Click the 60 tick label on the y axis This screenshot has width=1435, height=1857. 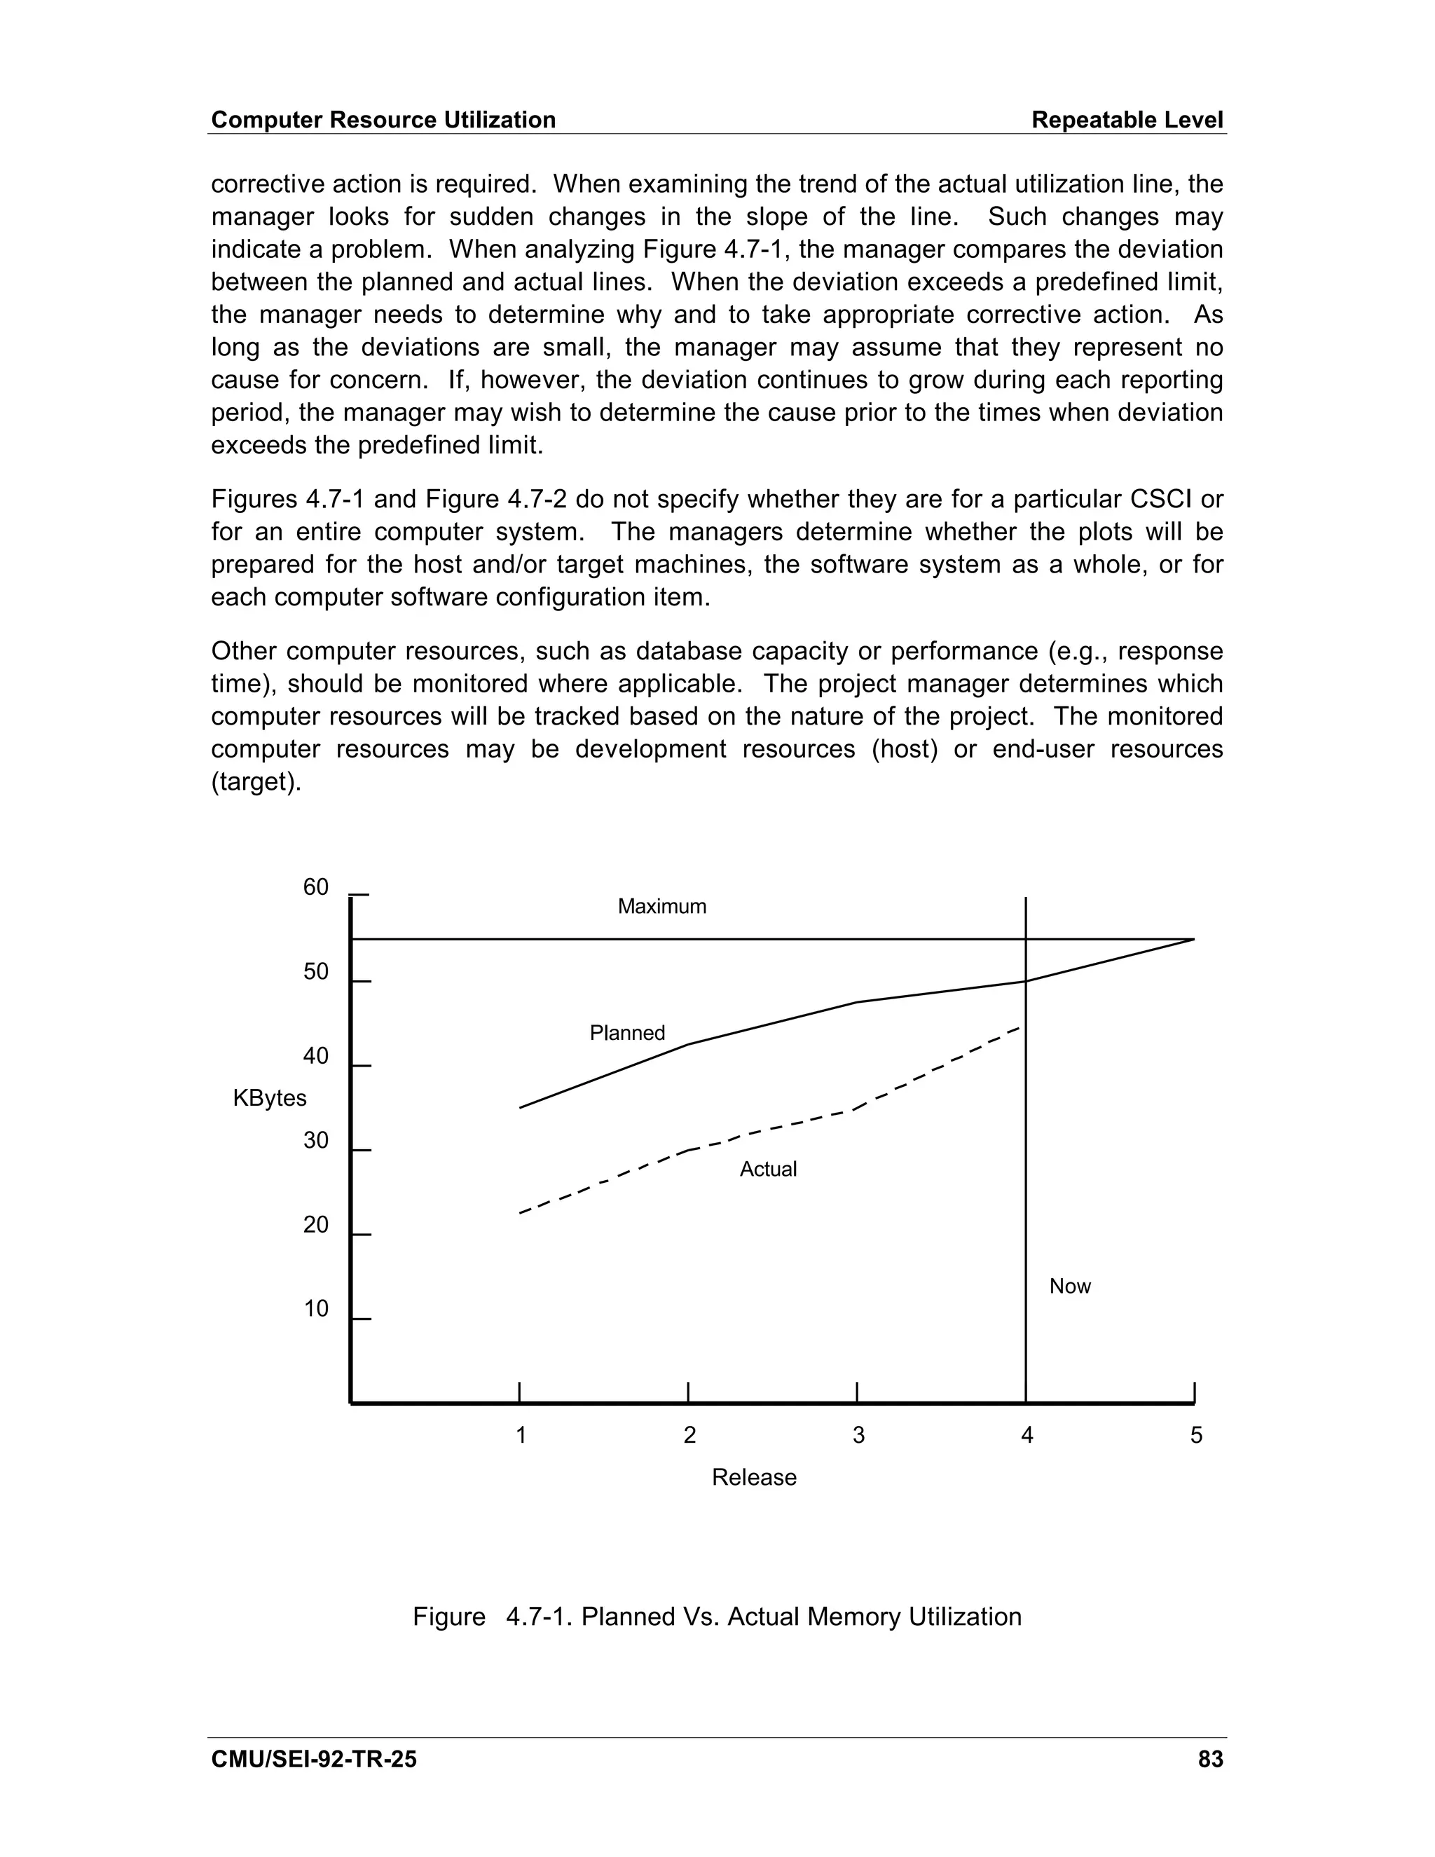coord(315,888)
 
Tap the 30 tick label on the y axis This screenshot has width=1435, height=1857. coord(315,1141)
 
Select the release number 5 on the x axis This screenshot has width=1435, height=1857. coord(1196,1436)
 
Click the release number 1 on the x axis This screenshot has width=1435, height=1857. coord(521,1436)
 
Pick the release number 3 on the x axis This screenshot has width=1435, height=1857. coord(858,1436)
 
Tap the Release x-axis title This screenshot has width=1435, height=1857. coord(754,1478)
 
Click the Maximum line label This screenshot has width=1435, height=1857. coord(661,906)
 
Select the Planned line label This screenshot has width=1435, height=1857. coord(627,1033)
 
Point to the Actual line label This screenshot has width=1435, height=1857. coord(768,1169)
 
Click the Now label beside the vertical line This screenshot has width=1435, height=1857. coord(1069,1287)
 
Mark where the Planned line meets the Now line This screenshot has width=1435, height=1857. coord(1026,982)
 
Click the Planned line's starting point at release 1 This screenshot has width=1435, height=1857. coord(521,1107)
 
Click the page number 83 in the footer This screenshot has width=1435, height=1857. coord(1209,1759)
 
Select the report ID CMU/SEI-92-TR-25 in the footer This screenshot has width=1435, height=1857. coord(314,1759)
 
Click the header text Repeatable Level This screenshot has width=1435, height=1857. coord(1127,120)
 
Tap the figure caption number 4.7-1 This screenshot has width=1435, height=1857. coord(539,1617)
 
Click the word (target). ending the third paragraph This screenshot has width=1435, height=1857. coord(256,781)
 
